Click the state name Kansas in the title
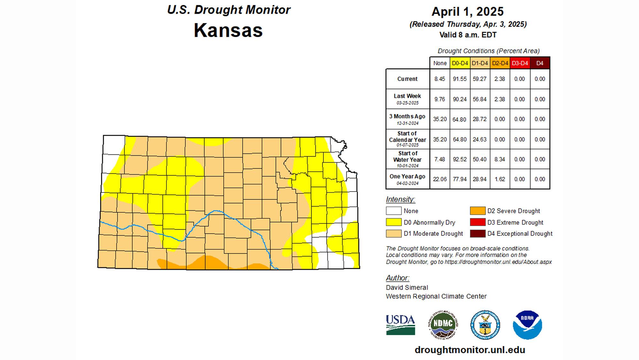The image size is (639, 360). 228,30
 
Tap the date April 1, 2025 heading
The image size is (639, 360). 467,12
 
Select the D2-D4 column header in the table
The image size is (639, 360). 500,63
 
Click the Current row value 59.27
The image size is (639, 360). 480,79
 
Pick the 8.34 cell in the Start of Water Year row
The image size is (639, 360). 500,159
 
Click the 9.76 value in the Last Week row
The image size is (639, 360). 440,99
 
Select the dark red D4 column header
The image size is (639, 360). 540,63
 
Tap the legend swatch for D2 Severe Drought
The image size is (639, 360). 478,211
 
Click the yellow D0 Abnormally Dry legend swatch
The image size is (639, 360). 394,222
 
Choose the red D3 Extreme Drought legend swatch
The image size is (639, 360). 478,222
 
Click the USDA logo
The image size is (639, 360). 400,325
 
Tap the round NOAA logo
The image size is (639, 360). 527,325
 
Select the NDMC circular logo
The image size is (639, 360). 443,325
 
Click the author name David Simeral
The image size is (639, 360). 407,287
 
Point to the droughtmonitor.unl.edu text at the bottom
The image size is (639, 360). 470,350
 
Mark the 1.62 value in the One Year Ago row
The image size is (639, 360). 500,179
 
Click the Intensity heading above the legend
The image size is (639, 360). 400,200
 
